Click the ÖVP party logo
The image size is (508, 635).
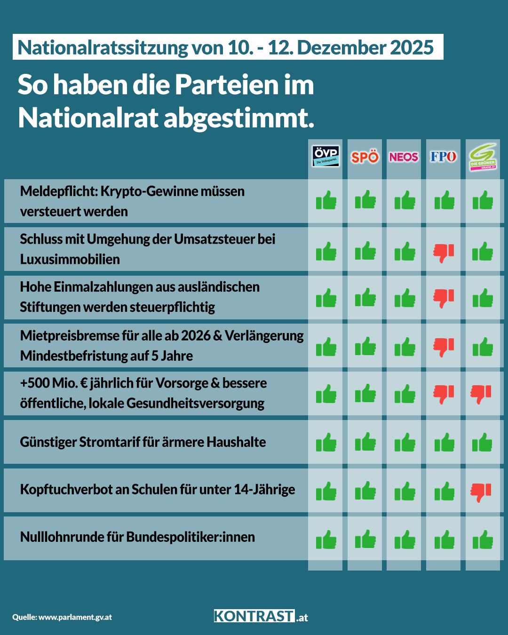pyautogui.click(x=325, y=157)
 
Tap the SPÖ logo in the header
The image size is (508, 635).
pyautogui.click(x=365, y=157)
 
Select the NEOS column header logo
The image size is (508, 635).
pyautogui.click(x=404, y=157)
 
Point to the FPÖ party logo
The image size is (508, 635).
pyautogui.click(x=443, y=157)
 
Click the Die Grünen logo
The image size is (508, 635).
pyautogui.click(x=483, y=157)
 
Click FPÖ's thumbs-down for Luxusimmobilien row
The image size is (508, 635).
pyautogui.click(x=444, y=253)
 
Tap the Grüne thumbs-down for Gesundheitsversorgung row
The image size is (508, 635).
pyautogui.click(x=481, y=394)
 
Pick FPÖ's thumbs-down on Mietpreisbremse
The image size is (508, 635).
pyautogui.click(x=444, y=348)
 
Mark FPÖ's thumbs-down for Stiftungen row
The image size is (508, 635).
pyautogui.click(x=444, y=298)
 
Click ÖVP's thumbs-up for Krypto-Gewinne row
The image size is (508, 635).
pyautogui.click(x=326, y=201)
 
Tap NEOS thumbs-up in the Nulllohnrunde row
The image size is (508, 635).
pyautogui.click(x=405, y=540)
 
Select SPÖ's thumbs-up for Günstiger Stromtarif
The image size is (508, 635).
pyautogui.click(x=365, y=442)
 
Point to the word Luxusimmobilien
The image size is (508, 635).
pyautogui.click(x=70, y=259)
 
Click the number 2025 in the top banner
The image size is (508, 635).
pyautogui.click(x=412, y=48)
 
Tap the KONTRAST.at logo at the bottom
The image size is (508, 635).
pyautogui.click(x=261, y=616)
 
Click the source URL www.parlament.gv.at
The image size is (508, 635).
pyautogui.click(x=75, y=617)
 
